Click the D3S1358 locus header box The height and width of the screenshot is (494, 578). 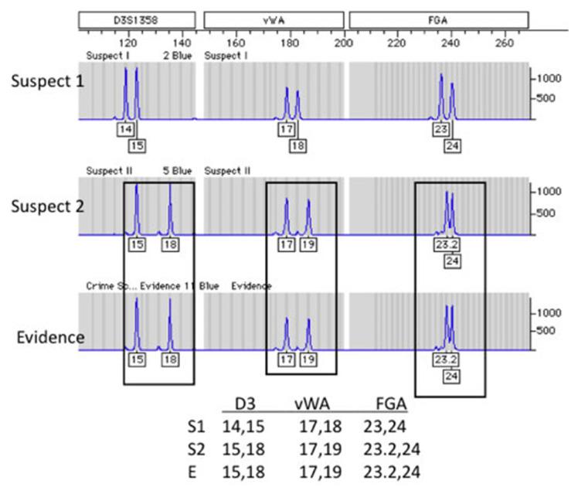tap(136, 18)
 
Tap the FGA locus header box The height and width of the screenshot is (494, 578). tap(438, 18)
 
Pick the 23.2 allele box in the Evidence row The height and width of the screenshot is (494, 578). tap(444, 360)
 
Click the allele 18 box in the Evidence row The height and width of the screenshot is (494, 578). tap(170, 360)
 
